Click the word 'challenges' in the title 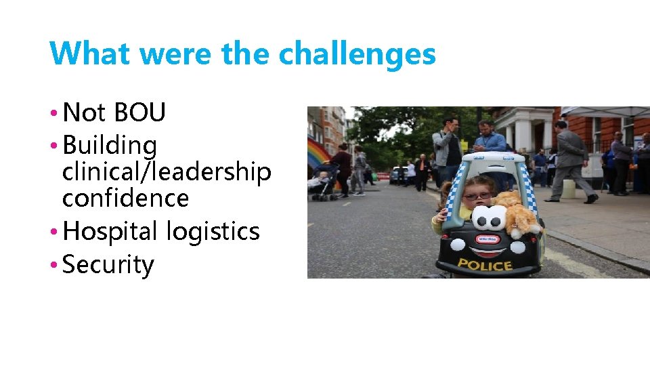click(357, 54)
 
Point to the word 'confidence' click(125, 198)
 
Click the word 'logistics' click(213, 231)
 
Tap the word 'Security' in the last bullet click(108, 264)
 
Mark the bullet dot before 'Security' click(53, 264)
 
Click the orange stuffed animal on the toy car click(520, 214)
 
